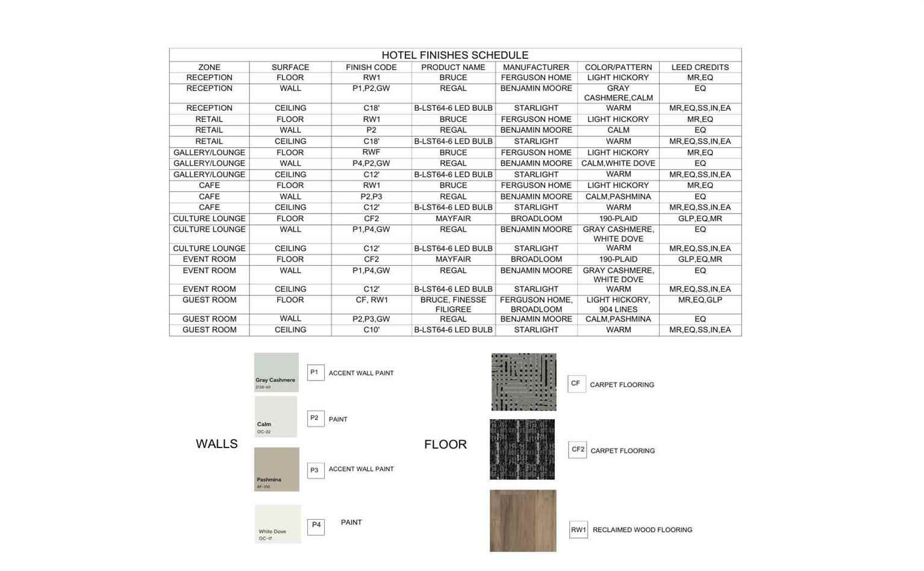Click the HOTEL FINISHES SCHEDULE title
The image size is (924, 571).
tap(455, 55)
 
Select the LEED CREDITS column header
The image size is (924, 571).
tap(700, 67)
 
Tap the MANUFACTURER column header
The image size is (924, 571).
tap(535, 67)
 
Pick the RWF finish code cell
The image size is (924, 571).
tap(371, 152)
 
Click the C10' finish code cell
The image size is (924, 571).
tap(371, 330)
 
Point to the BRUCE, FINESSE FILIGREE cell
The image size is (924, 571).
tap(453, 304)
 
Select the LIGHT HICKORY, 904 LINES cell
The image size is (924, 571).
tap(618, 304)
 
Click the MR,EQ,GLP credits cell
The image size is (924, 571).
tap(700, 300)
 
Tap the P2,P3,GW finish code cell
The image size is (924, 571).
tap(371, 319)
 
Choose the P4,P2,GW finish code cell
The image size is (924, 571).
tap(371, 163)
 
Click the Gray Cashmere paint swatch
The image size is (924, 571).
tap(276, 372)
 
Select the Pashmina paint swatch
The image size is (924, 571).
tap(276, 469)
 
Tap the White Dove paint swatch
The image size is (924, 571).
tap(277, 524)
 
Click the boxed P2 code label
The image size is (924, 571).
tap(315, 418)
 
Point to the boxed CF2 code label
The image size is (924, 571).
tap(577, 450)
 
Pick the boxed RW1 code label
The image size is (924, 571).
tap(578, 530)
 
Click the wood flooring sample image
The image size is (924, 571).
tap(522, 520)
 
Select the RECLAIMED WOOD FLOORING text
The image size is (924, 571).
tap(642, 530)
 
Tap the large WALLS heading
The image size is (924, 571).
tap(217, 444)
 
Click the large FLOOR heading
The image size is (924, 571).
tap(445, 444)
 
